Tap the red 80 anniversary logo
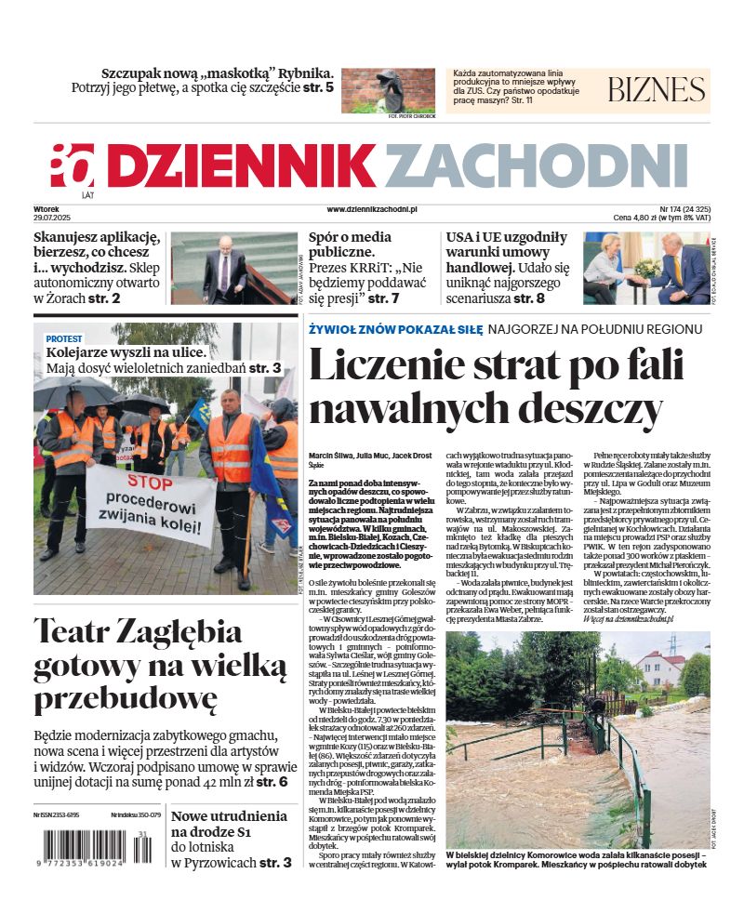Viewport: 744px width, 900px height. [73, 166]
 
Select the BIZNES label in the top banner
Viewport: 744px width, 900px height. [656, 90]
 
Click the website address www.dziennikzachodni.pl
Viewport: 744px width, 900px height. [372, 210]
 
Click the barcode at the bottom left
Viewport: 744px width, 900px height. [86, 849]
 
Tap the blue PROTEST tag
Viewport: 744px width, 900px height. [64, 338]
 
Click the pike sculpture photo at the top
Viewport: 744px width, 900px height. [388, 90]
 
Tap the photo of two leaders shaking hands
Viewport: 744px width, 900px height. [645, 268]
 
